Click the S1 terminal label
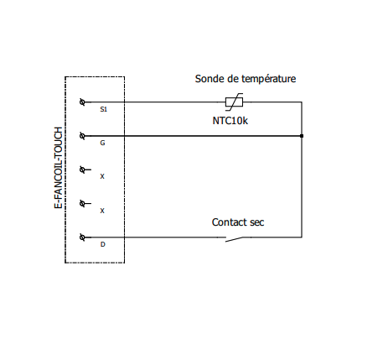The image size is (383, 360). pos(103,109)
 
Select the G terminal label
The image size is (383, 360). pos(102,143)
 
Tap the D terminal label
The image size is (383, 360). pos(102,244)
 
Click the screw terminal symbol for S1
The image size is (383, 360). pos(82,102)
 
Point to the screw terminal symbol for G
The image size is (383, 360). pos(82,136)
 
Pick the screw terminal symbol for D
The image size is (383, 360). pos(82,237)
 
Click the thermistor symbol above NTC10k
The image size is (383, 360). pos(234,102)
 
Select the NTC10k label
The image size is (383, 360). pos(230,121)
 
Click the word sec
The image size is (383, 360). pos(257,223)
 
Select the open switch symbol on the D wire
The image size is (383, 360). pos(234,239)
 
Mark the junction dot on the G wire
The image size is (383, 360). pos(302,136)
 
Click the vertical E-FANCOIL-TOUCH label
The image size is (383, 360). pos(58,168)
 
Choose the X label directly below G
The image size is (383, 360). pos(102,177)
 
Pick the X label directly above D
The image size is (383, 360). pos(102,211)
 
